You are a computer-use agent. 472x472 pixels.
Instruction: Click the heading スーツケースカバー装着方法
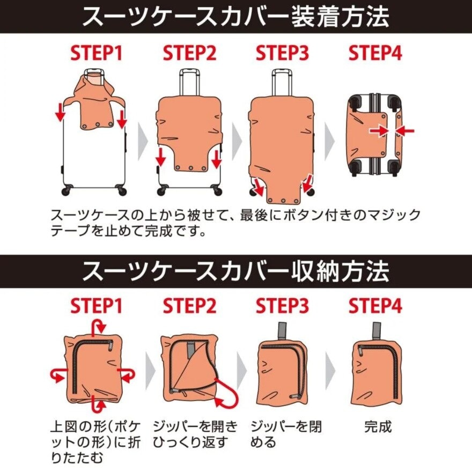pos(236,17)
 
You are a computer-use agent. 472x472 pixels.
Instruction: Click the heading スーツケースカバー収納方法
pos(236,271)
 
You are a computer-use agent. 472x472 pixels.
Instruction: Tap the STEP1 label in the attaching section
pos(97,54)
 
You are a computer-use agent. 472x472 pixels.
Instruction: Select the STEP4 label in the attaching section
pos(375,54)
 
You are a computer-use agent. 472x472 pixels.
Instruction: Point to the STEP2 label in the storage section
pos(190,307)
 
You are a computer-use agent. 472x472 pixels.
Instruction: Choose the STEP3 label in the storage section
pos(283,307)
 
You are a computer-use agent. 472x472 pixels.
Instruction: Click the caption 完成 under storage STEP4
pos(378,427)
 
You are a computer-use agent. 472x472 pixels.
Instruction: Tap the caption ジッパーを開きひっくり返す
pos(194,434)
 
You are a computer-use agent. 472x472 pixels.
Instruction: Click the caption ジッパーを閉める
pos(286,434)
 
